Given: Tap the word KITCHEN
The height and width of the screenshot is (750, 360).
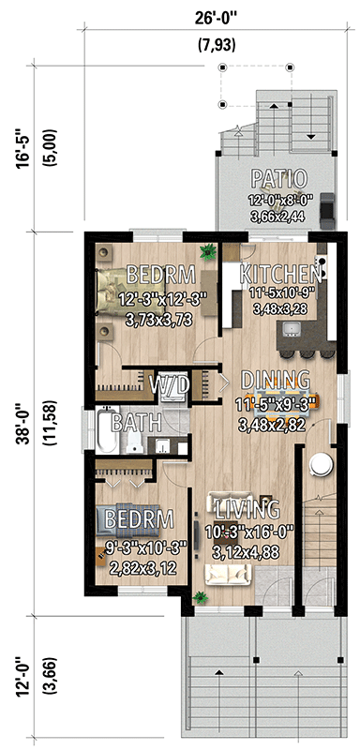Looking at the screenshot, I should coord(281,274).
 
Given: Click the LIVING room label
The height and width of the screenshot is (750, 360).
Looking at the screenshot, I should coord(247,510).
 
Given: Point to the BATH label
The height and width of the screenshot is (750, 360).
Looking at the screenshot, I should coord(136,423).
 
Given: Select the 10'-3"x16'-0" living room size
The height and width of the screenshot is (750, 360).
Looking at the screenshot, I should coord(248,532).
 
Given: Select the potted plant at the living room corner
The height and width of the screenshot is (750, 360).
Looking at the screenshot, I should coord(198,596).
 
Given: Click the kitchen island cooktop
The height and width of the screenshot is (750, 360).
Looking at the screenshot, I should coord(292,328).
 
